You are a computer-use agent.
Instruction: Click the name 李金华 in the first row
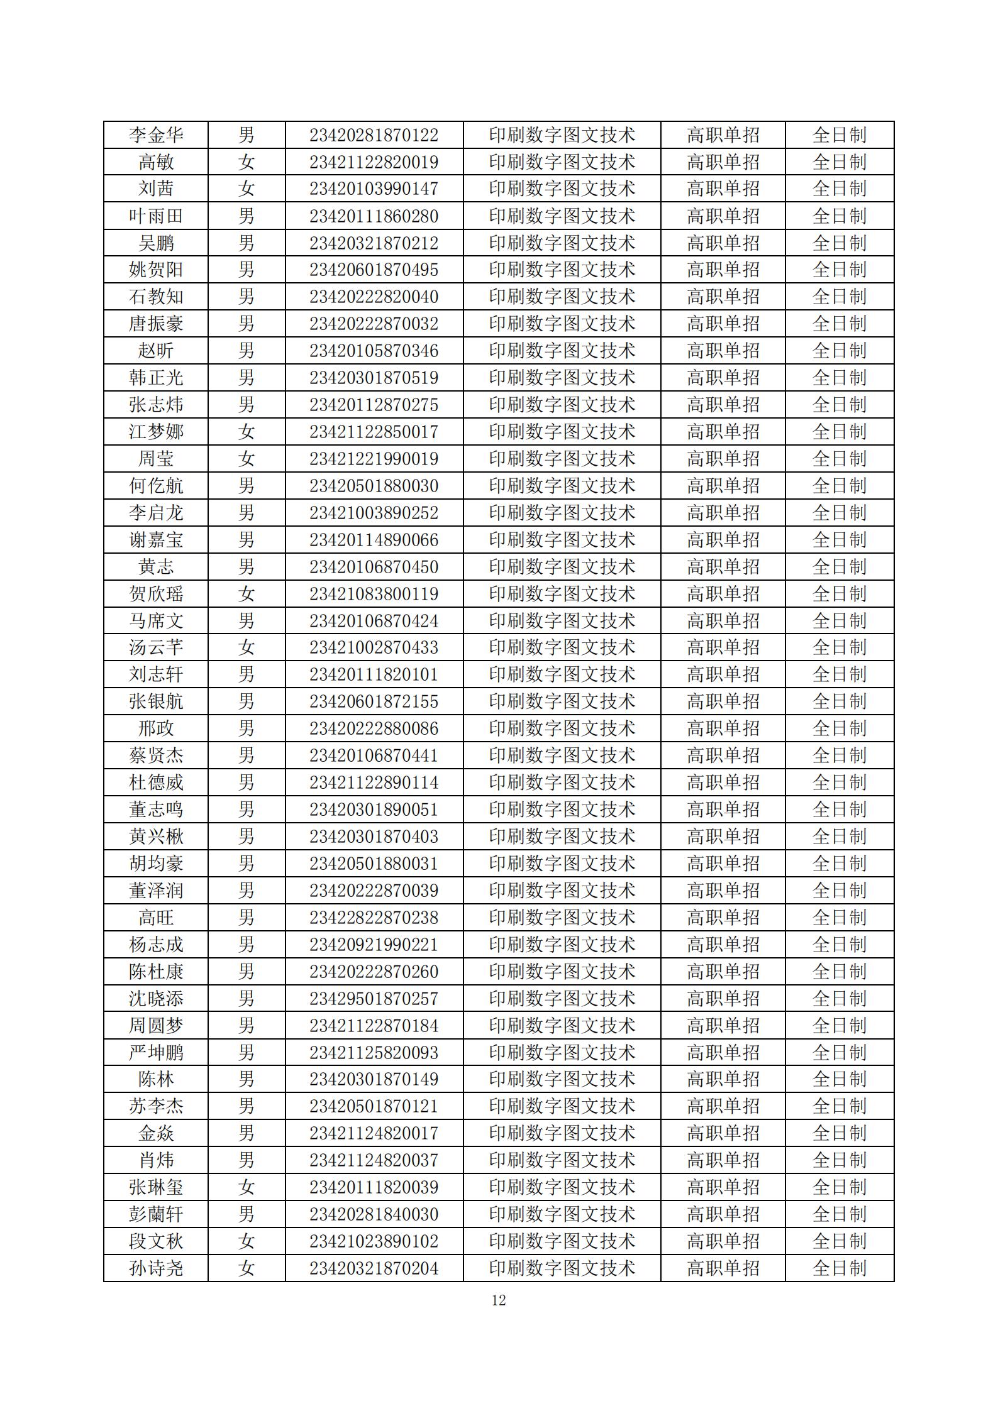pyautogui.click(x=156, y=135)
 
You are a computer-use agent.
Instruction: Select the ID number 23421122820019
pyautogui.click(x=374, y=162)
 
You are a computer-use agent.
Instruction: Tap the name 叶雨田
pyautogui.click(x=156, y=216)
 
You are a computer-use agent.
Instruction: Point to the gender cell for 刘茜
pyautogui.click(x=247, y=189)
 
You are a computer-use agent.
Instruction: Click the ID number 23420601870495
pyautogui.click(x=374, y=270)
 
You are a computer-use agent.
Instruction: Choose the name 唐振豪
pyautogui.click(x=156, y=324)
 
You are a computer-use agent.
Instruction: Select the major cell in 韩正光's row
pyautogui.click(x=562, y=378)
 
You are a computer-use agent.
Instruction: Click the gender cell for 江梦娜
pyautogui.click(x=247, y=432)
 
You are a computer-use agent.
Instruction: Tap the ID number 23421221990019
pyautogui.click(x=374, y=459)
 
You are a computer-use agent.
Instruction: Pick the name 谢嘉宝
pyautogui.click(x=156, y=540)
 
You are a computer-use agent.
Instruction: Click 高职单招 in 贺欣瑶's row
pyautogui.click(x=723, y=594)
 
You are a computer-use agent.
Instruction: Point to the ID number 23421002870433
pyautogui.click(x=374, y=647)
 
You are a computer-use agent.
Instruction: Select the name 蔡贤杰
pyautogui.click(x=156, y=755)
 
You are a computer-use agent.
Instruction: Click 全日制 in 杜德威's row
pyautogui.click(x=839, y=782)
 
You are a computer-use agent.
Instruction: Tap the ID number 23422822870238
pyautogui.click(x=374, y=918)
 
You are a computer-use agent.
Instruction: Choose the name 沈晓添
pyautogui.click(x=156, y=999)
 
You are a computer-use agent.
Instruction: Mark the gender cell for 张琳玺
pyautogui.click(x=247, y=1187)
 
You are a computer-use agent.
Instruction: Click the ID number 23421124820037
pyautogui.click(x=374, y=1160)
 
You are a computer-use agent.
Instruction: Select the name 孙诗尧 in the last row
pyautogui.click(x=156, y=1268)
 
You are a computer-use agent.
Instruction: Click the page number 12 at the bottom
pyautogui.click(x=499, y=1300)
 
